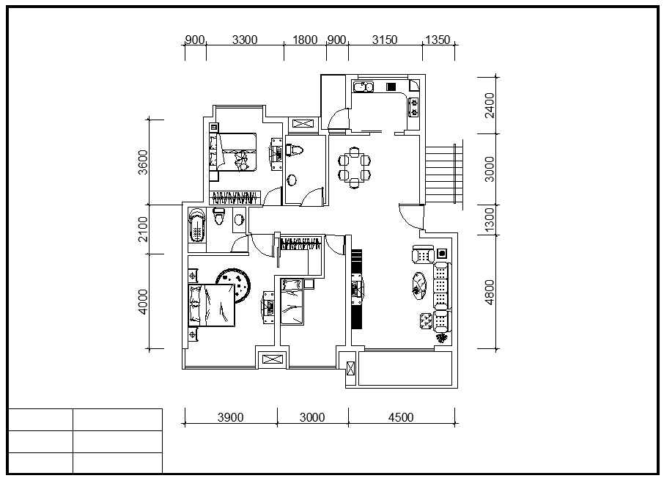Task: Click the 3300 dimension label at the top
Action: [245, 40]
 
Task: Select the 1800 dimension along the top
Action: [305, 40]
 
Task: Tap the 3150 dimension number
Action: [385, 40]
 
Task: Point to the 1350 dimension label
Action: [438, 40]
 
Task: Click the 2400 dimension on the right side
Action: [490, 106]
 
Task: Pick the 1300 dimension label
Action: [490, 220]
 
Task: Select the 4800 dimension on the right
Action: [490, 292]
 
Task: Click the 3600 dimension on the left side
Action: [143, 162]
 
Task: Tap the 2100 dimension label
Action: [143, 230]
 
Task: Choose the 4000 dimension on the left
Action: [143, 302]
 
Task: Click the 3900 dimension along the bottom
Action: [230, 417]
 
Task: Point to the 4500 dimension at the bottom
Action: [401, 417]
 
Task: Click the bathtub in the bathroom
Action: [197, 225]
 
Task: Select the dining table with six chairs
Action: [355, 167]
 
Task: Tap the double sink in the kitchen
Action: [364, 87]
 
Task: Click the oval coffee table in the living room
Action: [420, 286]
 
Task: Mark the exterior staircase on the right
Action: [443, 175]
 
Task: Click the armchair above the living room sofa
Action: [423, 254]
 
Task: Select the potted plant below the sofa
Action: [442, 338]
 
